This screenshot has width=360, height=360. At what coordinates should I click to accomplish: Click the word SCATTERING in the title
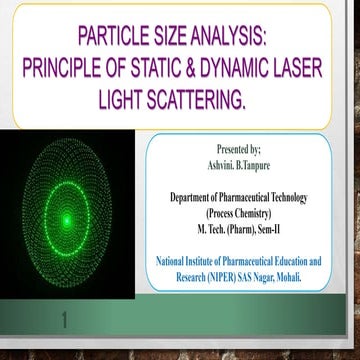coord(204,101)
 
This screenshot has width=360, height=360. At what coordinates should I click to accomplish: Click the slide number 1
coord(66,322)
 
